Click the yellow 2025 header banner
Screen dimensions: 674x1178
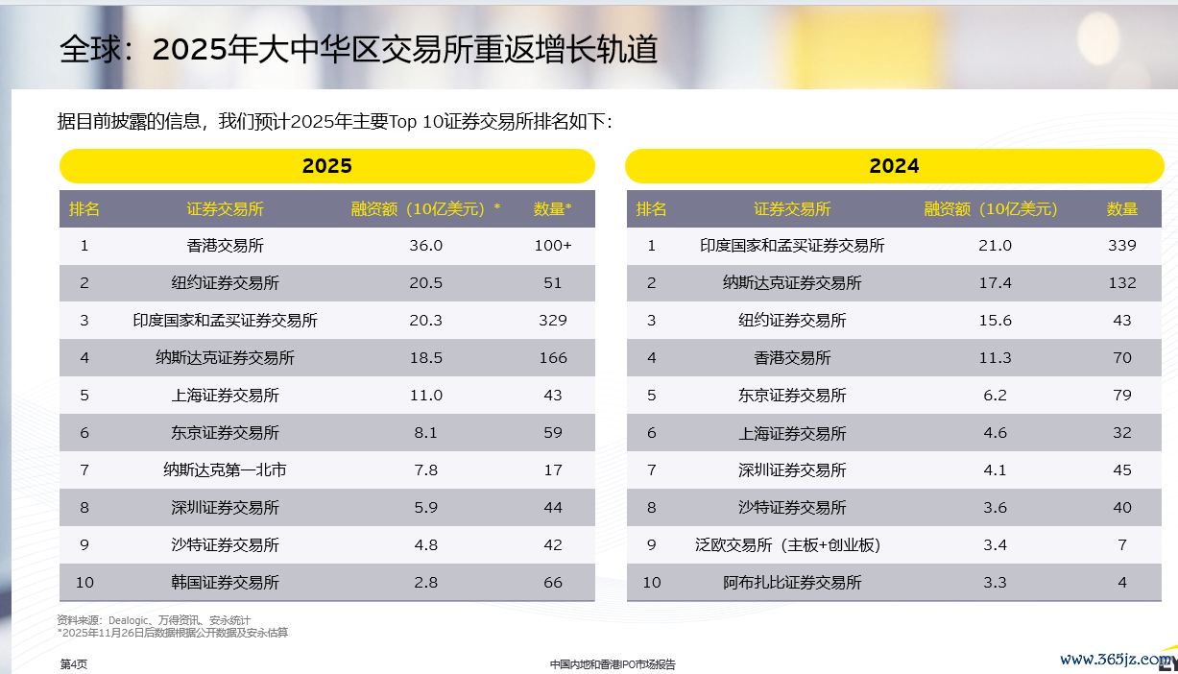coord(326,166)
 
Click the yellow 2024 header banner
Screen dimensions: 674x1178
coord(894,166)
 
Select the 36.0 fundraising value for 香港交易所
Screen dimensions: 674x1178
coord(425,246)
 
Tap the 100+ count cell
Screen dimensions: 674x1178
coord(553,246)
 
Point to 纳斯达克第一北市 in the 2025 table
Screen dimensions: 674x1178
coord(225,470)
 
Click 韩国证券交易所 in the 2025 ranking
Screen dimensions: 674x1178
coord(225,583)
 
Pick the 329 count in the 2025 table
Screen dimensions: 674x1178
coord(553,321)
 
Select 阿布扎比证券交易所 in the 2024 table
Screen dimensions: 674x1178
coord(792,583)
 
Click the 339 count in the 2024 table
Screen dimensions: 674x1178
coord(1121,246)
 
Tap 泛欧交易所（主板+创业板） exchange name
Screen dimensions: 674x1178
coord(787,545)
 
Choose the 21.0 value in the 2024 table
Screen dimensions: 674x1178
coord(995,246)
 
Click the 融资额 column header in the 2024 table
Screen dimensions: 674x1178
coord(990,209)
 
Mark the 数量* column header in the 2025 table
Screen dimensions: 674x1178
coord(553,209)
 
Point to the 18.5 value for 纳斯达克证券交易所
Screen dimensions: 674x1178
coord(425,358)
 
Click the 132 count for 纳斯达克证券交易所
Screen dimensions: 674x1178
coord(1121,283)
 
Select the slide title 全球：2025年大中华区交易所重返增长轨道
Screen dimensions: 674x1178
coord(358,50)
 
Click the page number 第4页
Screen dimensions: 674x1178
coord(73,664)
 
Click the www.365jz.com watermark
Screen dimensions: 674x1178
coord(1114,660)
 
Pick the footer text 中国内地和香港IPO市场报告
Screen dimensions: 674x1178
coord(613,664)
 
